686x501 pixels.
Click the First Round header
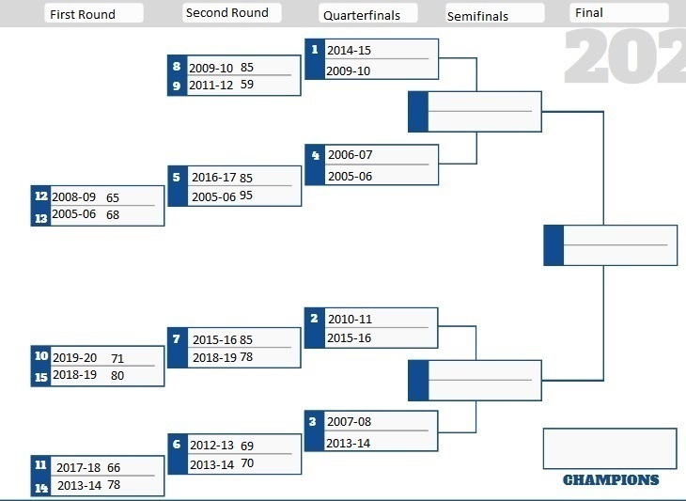(83, 14)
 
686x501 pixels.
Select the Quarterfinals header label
(362, 15)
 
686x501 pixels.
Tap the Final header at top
(589, 12)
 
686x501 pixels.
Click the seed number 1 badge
(315, 50)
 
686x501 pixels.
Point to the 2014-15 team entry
(350, 51)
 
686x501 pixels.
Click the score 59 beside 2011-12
(247, 84)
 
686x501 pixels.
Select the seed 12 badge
(41, 196)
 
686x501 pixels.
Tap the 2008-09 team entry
(74, 196)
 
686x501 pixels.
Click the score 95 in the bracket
(246, 196)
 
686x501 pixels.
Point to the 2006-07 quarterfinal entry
(351, 154)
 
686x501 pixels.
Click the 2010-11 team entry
(350, 319)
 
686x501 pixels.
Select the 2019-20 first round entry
(75, 357)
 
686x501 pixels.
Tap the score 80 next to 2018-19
(117, 375)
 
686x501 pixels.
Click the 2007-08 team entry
(350, 421)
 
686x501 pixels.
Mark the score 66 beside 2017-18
(114, 468)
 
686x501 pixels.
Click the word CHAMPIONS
(611, 480)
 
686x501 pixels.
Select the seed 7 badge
(177, 338)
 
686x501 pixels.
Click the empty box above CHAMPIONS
(610, 448)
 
